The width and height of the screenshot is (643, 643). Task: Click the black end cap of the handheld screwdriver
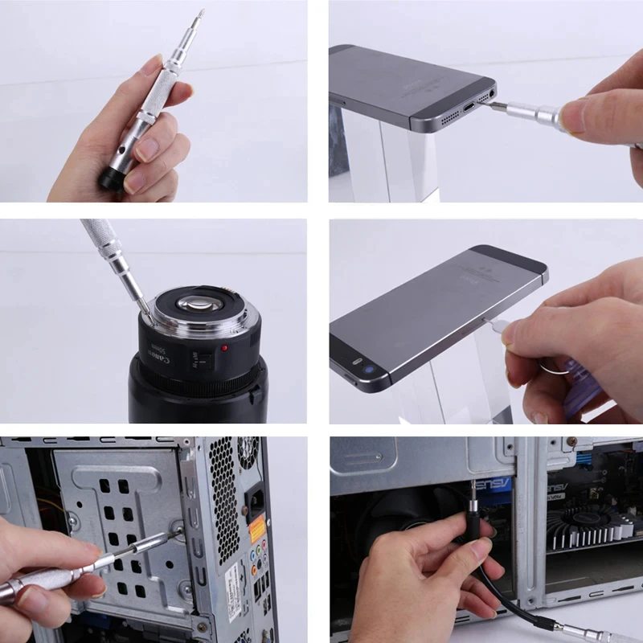click(x=110, y=178)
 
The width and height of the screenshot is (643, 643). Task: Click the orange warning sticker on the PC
click(x=256, y=527)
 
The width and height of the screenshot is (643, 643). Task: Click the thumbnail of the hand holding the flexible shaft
click(x=485, y=539)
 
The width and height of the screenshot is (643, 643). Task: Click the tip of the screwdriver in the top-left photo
click(x=201, y=12)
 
